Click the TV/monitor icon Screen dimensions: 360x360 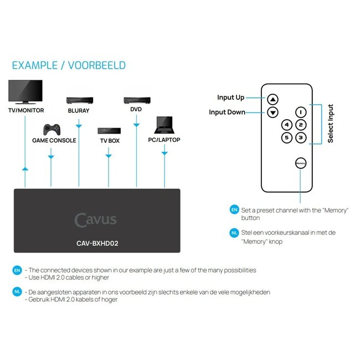pyautogui.click(x=25, y=92)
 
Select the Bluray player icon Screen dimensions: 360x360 pyautogui.click(x=79, y=100)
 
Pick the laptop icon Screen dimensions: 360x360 pyautogui.click(x=164, y=126)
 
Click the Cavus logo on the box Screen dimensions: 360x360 pyautogui.click(x=96, y=219)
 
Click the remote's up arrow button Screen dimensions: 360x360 pyautogui.click(x=272, y=100)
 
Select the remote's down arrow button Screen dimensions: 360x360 pyautogui.click(x=272, y=112)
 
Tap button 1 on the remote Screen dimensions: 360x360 pyautogui.click(x=300, y=112)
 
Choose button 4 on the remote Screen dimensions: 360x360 pyautogui.click(x=287, y=125)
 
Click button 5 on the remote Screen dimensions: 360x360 pyautogui.click(x=287, y=138)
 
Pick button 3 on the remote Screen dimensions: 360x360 pyautogui.click(x=300, y=138)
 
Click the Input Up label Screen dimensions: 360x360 pyautogui.click(x=230, y=97)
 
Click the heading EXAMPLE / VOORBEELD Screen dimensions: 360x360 pyautogui.click(x=69, y=65)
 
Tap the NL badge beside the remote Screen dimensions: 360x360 pyautogui.click(x=234, y=233)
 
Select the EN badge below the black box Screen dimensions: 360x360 pyautogui.click(x=17, y=271)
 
